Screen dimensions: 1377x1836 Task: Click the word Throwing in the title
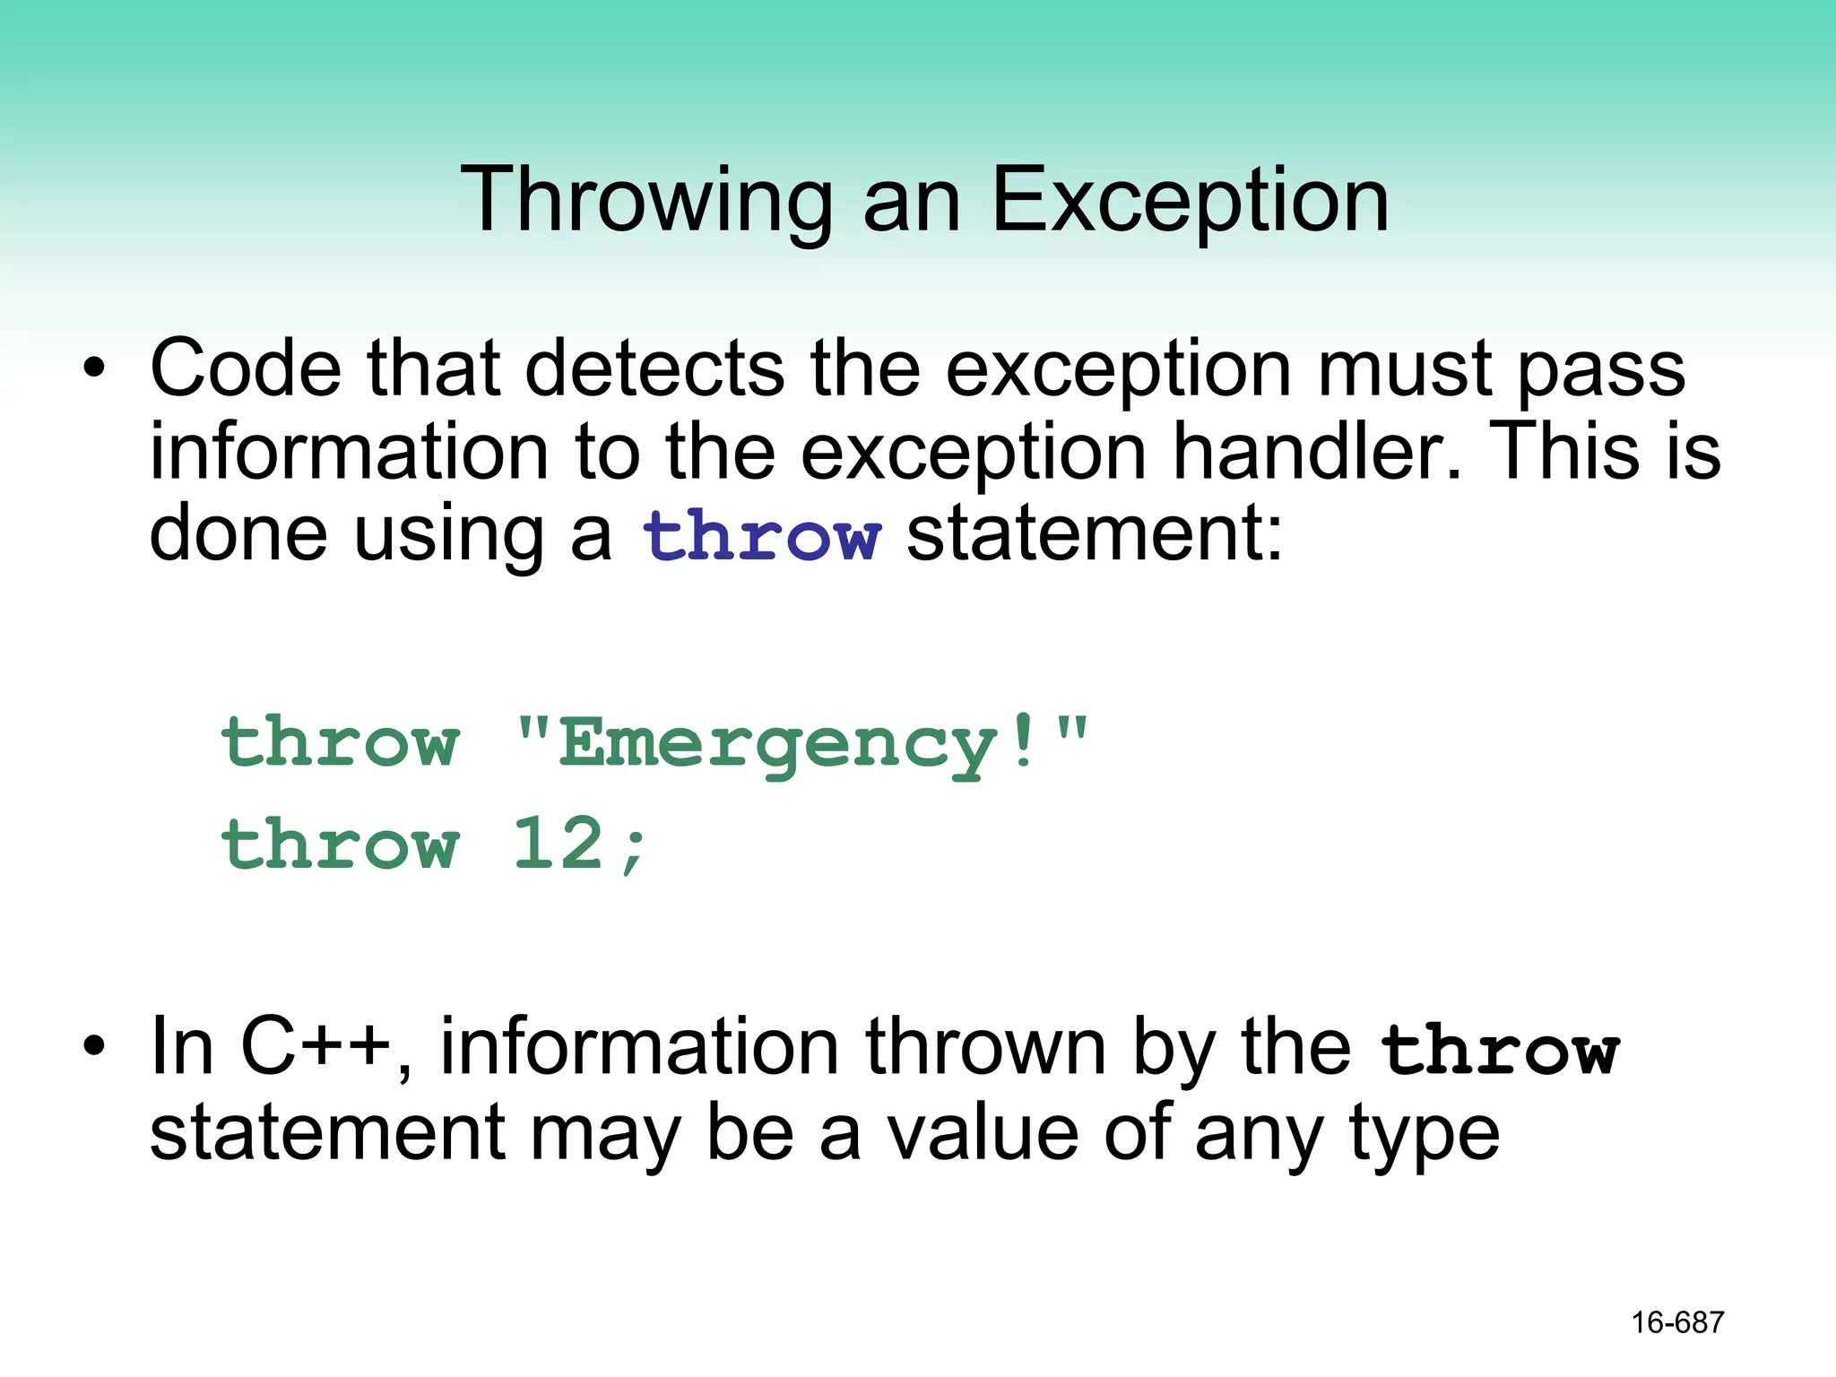coord(646,201)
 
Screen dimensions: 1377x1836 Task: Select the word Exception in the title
coord(1191,201)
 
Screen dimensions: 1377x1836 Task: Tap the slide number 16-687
coord(1677,1322)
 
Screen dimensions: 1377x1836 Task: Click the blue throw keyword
coord(761,536)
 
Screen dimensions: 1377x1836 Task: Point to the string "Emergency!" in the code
coord(801,743)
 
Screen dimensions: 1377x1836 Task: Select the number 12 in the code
coord(558,844)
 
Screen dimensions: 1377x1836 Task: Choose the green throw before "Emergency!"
coord(341,743)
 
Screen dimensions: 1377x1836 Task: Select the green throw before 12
coord(341,844)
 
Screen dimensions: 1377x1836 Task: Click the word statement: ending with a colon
coord(1095,535)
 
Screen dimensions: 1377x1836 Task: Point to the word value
coord(983,1133)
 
